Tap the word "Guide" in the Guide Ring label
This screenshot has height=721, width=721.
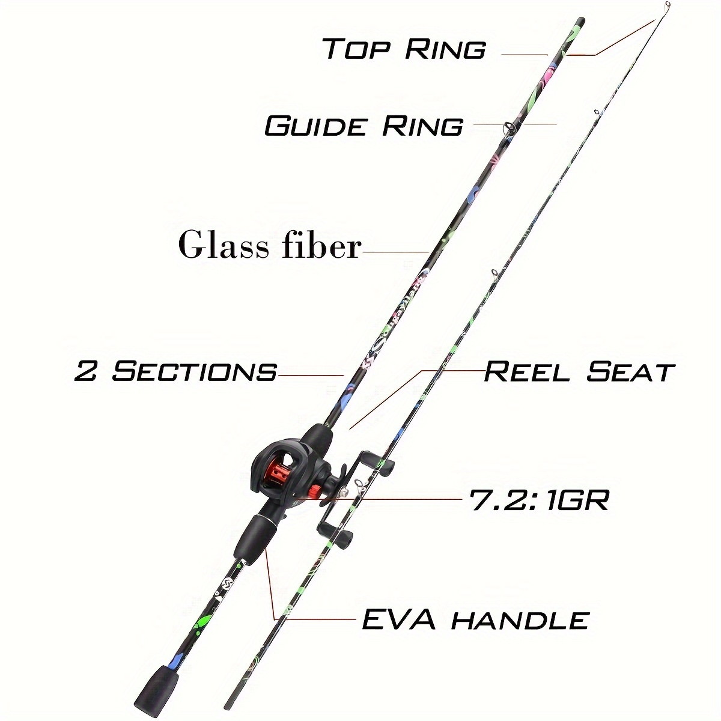click(x=315, y=126)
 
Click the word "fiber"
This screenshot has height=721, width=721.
click(x=321, y=245)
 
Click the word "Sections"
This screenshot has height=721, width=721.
click(x=194, y=372)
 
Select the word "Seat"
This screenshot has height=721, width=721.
click(x=630, y=372)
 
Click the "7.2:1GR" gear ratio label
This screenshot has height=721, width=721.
click(x=539, y=500)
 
